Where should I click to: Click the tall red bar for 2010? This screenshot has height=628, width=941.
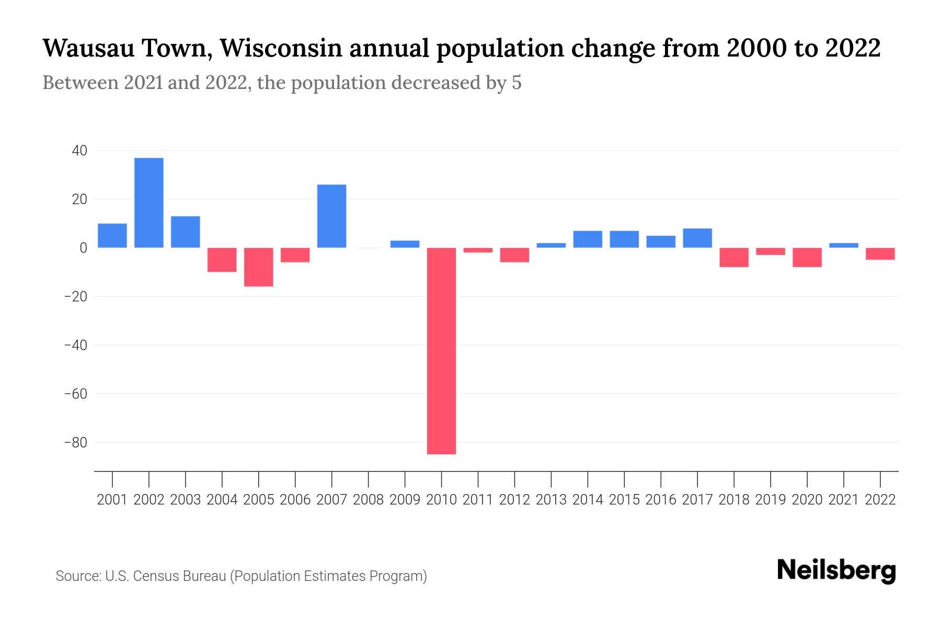coord(441,351)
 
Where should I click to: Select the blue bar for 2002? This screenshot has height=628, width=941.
coord(149,203)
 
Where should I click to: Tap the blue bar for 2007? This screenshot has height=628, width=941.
coord(331,216)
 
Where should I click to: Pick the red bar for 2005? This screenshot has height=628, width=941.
coord(259,267)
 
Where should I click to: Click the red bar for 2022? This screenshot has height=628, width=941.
coord(880,254)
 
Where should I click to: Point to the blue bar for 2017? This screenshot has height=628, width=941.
coord(697,238)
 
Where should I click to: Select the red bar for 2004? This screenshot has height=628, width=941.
coord(222,260)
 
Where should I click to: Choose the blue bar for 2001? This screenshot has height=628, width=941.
coord(112,235)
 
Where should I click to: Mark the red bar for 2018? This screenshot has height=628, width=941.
coord(734,257)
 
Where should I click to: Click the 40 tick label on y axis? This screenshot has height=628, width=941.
coord(79,151)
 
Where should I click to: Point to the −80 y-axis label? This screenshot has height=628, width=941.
coord(76,443)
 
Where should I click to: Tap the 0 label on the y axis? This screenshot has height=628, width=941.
coord(83,248)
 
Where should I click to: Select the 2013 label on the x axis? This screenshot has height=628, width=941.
coord(551,500)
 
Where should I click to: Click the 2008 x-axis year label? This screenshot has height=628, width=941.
coord(368,500)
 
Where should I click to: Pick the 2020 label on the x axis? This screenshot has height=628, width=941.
coord(807,500)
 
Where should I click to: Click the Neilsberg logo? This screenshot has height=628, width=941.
coord(836,571)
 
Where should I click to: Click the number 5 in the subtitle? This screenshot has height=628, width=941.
coord(517,83)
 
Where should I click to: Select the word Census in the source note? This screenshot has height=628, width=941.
coord(155,576)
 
